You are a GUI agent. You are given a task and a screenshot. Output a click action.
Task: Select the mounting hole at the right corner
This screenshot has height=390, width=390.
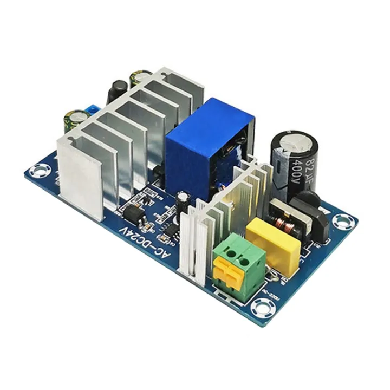pyautogui.click(x=343, y=220)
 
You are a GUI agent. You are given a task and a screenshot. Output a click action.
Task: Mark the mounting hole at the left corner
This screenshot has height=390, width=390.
pyautogui.click(x=40, y=172)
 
